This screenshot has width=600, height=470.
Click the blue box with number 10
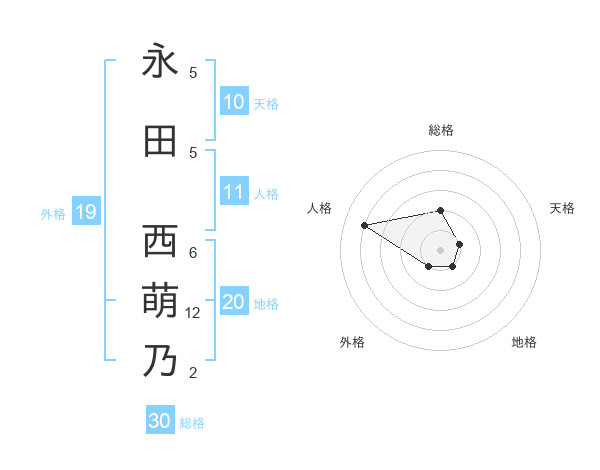pos(234,102)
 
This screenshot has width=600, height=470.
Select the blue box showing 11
pos(234,193)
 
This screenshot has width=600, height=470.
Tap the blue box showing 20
pos(234,303)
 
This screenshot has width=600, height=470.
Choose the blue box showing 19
pos(86,212)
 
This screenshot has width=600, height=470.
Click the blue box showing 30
pos(160,421)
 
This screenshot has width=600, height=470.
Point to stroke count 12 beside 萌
pos(193,313)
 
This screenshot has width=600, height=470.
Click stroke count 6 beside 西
pos(193,252)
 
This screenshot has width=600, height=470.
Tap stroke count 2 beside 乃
pos(193,373)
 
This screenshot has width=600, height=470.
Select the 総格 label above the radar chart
pos(441,130)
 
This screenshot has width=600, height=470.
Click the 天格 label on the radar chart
pos(563,208)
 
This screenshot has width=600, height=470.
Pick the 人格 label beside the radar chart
pos(320,208)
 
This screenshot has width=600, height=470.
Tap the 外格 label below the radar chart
pos(352,342)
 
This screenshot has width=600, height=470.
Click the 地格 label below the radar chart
pos(524,342)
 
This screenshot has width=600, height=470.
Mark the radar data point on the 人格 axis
pos(364,225)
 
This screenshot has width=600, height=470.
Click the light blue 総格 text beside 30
pos(192,423)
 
